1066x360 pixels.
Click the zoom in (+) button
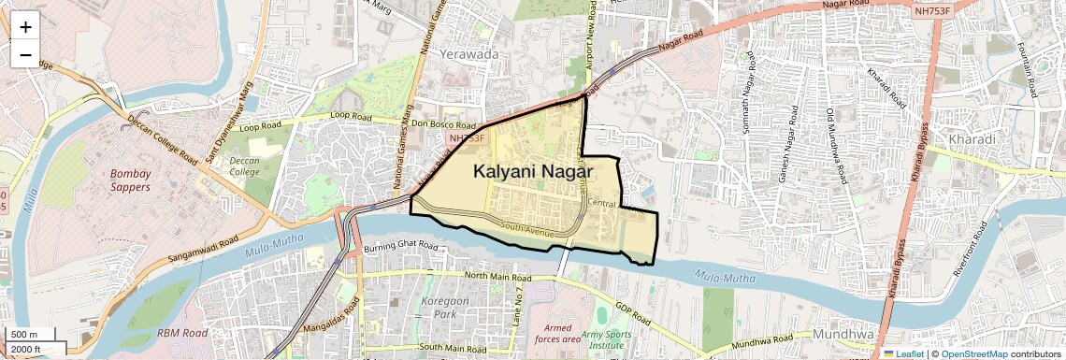pyautogui.click(x=25, y=26)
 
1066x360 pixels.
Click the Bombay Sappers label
pyautogui.click(x=143, y=180)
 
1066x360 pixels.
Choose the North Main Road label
pyautogui.click(x=497, y=278)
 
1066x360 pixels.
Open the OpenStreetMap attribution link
pyautogui.click(x=974, y=354)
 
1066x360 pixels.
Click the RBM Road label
pyautogui.click(x=181, y=332)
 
